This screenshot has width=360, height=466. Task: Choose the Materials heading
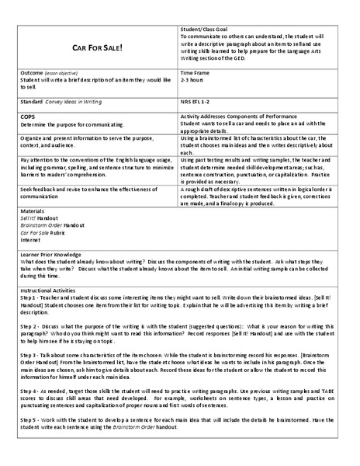[33, 210]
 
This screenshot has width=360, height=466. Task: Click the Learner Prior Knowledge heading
[50, 255]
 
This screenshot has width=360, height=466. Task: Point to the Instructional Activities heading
[54, 290]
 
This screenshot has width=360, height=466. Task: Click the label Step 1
[29, 297]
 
